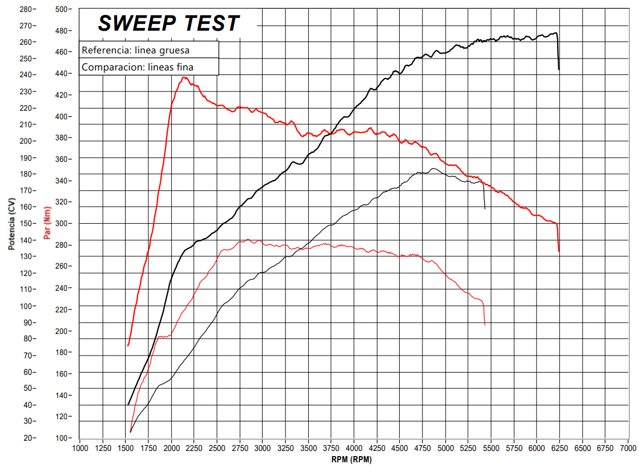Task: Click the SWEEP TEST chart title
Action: [169, 23]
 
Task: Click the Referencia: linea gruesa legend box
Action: [149, 50]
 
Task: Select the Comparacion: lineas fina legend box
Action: [149, 67]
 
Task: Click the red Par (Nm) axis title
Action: [47, 223]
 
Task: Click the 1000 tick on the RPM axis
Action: [80, 449]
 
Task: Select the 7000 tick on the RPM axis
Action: [628, 449]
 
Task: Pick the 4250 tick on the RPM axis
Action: [377, 449]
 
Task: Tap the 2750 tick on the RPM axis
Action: [239, 449]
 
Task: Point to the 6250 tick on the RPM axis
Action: [559, 449]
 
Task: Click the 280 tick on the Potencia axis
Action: [26, 10]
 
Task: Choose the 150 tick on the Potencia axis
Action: [26, 224]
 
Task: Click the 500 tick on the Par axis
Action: [63, 10]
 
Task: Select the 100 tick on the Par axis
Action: [63, 438]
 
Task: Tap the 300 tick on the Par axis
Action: [63, 224]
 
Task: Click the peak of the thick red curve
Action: [184, 78]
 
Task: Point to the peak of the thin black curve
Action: [433, 169]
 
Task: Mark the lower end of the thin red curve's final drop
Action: [485, 325]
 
